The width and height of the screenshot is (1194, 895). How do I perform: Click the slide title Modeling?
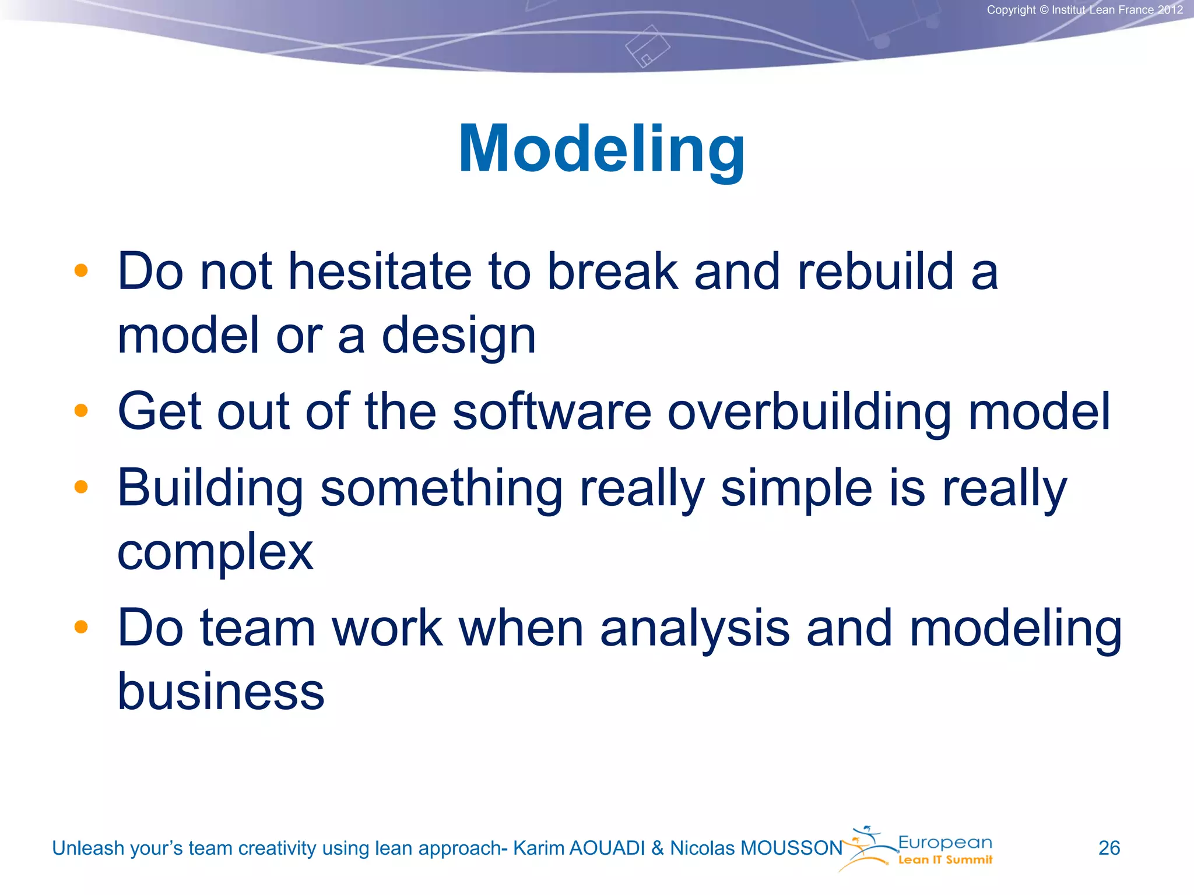click(601, 150)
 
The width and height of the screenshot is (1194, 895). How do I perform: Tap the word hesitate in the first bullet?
click(380, 272)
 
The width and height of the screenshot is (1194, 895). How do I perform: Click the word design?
click(458, 337)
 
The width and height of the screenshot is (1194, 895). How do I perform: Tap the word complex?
click(215, 551)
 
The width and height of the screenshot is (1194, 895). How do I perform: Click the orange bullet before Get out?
click(81, 411)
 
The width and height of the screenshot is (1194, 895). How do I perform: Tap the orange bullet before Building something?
click(81, 487)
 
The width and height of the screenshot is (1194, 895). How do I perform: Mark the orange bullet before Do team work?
click(81, 627)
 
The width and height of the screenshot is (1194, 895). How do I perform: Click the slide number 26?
click(1109, 848)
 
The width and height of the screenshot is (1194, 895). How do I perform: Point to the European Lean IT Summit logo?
click(918, 849)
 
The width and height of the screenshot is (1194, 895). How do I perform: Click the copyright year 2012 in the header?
click(1170, 10)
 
